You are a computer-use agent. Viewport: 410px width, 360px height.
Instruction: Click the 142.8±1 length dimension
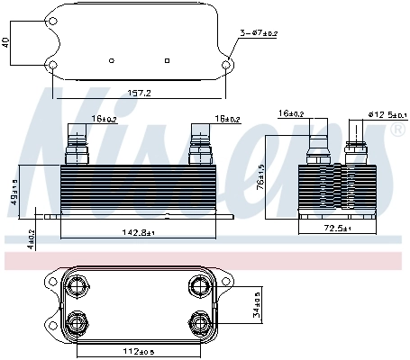(140, 233)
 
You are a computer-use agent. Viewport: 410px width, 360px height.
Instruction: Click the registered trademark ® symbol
(397, 130)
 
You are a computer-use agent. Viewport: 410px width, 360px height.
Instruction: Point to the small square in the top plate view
(169, 60)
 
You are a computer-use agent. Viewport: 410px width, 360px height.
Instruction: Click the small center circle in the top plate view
(111, 60)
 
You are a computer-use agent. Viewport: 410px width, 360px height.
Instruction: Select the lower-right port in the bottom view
(198, 322)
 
